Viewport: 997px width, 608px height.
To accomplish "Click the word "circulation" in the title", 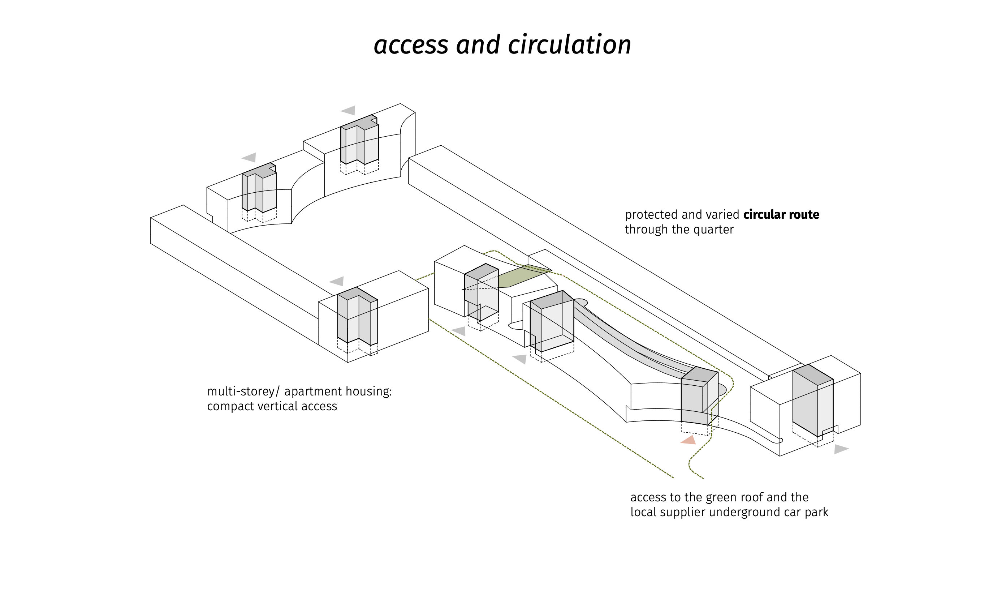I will click(x=569, y=45).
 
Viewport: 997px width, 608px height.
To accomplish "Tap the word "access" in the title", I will click(x=411, y=45).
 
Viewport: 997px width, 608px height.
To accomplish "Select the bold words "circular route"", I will click(x=781, y=215).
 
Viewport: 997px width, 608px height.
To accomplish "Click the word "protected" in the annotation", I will click(x=651, y=215).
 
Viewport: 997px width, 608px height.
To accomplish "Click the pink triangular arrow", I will click(x=689, y=440).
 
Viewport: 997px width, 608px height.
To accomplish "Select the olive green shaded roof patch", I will click(x=522, y=276).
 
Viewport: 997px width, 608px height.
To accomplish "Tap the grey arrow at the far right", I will click(x=841, y=449).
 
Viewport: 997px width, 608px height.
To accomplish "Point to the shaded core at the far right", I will click(x=812, y=401).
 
